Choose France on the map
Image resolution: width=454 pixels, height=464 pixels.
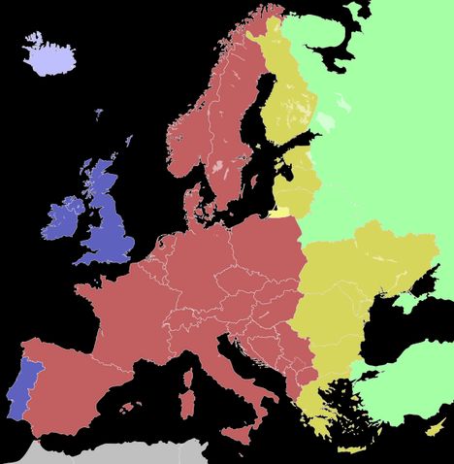pos(126,311)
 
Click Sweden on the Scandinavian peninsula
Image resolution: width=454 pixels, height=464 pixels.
pos(233,126)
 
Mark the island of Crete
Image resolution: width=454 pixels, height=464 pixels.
pos(351,449)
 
